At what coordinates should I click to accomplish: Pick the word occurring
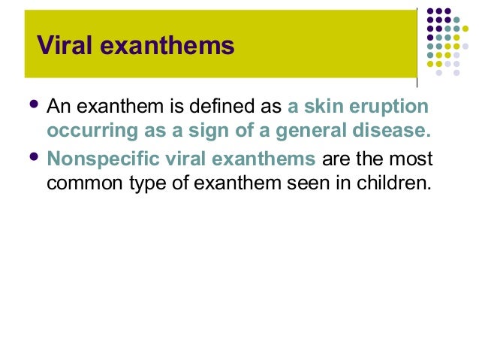[85, 132]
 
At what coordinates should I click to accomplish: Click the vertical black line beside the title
[417, 45]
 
